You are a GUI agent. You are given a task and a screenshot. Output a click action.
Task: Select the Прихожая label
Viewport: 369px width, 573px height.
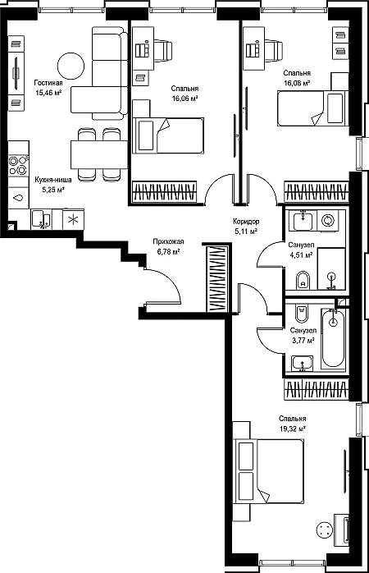[168, 241]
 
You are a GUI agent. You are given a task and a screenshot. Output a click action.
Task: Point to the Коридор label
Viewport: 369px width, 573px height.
[246, 222]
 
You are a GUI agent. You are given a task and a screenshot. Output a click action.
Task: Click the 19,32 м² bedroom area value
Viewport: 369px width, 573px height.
[293, 429]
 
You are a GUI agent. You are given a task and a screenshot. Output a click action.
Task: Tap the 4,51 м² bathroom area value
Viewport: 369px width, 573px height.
[301, 254]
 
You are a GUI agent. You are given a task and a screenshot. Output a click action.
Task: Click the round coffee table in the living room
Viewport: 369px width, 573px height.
[71, 66]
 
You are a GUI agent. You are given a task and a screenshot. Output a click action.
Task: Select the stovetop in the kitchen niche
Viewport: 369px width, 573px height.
[18, 165]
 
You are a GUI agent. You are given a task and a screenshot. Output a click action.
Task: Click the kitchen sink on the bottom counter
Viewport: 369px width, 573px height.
[41, 219]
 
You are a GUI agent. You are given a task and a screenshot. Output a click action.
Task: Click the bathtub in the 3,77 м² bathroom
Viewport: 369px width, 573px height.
[333, 338]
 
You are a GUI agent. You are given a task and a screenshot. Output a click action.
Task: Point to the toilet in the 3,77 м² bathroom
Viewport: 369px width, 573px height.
[302, 314]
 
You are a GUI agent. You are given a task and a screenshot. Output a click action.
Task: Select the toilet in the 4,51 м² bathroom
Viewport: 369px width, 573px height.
[302, 280]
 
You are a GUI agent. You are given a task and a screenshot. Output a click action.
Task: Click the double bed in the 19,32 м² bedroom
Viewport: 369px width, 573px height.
[269, 471]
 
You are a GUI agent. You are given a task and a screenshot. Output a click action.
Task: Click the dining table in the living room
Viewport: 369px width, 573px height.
[98, 154]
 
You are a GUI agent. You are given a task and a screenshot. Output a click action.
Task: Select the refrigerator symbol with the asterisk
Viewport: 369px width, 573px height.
[73, 219]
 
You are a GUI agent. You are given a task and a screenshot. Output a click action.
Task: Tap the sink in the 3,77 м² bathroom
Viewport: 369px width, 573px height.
[303, 364]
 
